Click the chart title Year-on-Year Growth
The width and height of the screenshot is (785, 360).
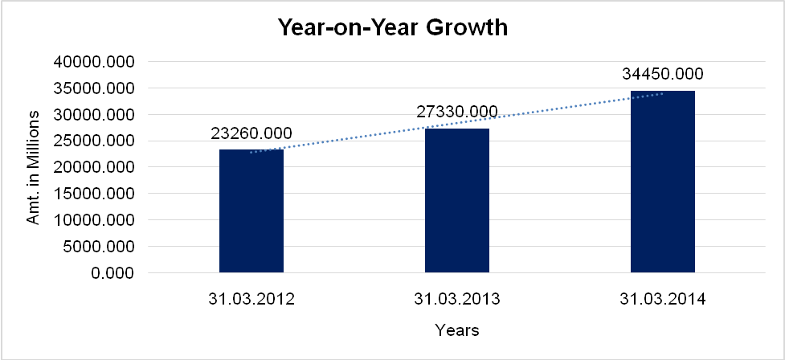[393, 28]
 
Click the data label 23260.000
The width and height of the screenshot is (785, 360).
[251, 133]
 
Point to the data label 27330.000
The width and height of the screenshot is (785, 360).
[457, 112]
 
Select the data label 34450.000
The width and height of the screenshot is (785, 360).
[663, 74]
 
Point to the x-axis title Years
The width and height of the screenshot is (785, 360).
[457, 330]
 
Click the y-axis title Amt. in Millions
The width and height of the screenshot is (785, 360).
[34, 167]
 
